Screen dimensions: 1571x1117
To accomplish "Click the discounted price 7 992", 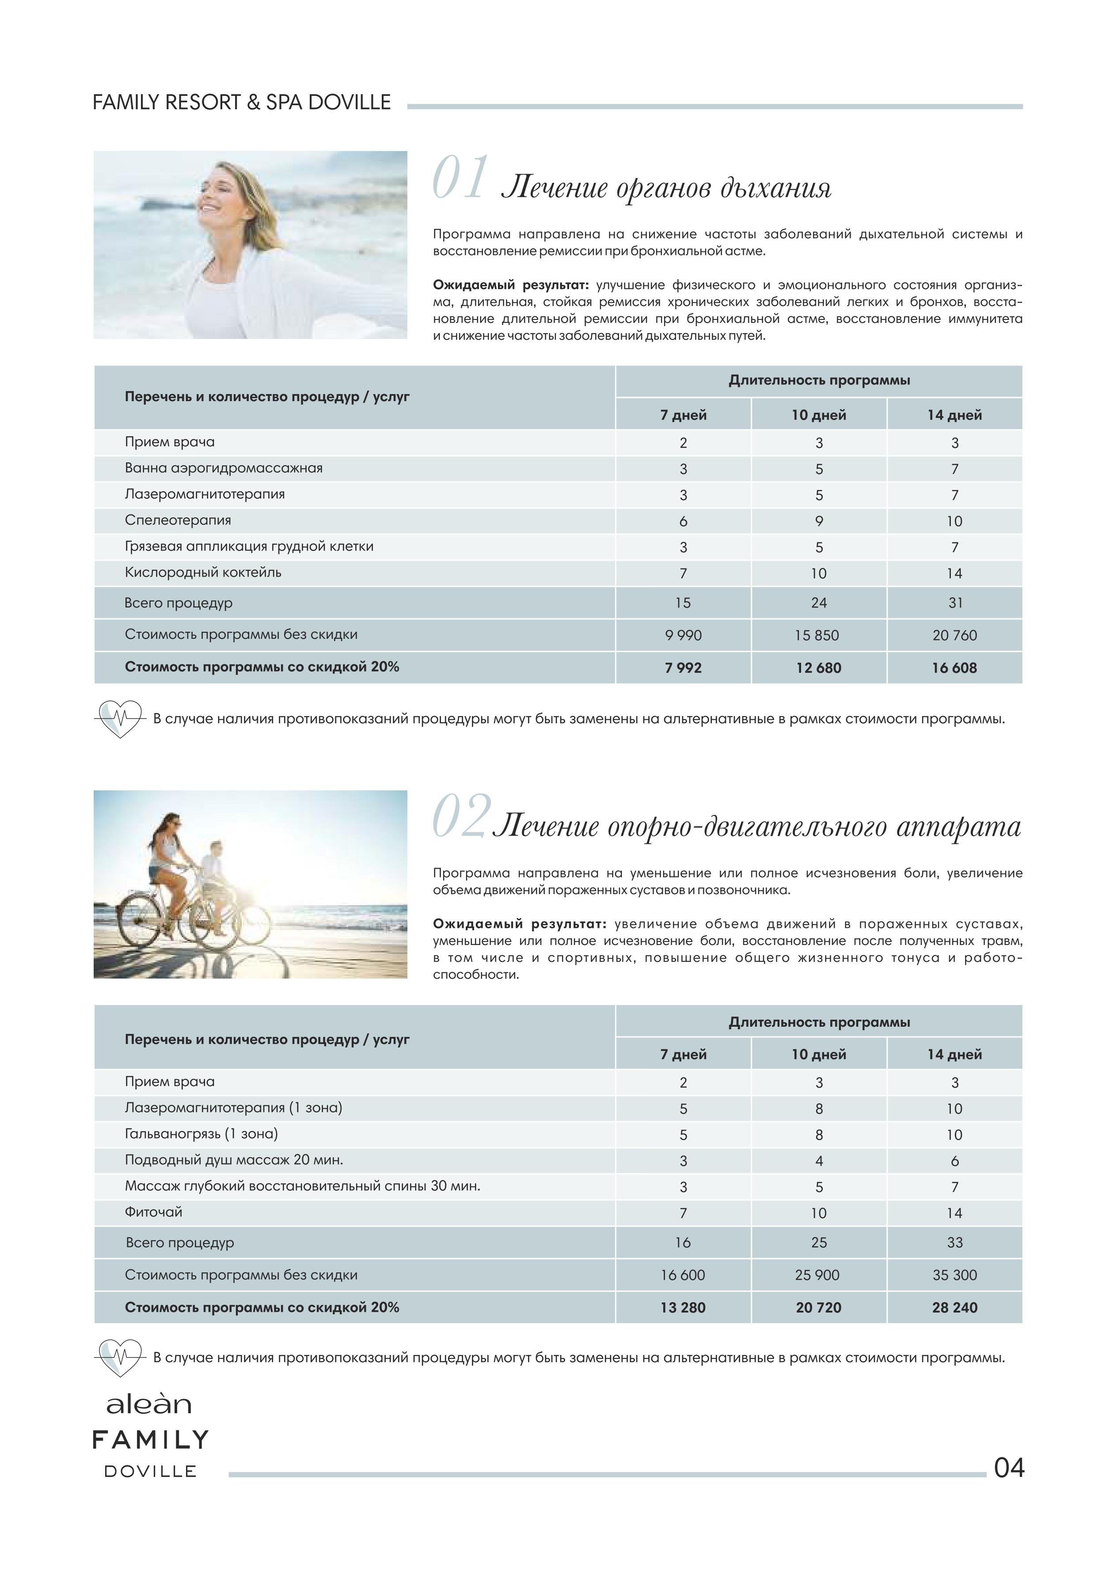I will coord(683,668).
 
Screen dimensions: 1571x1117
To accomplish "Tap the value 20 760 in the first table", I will coord(954,635).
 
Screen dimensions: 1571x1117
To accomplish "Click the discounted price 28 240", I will coord(954,1308).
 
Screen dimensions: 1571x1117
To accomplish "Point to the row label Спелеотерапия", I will coord(178,520).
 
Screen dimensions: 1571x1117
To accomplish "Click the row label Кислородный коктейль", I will coord(203,573).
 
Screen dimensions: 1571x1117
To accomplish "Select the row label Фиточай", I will coord(153,1212).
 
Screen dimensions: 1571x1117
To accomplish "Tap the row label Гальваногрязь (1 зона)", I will coord(201,1134).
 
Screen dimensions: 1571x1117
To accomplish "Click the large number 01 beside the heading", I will coord(460,179).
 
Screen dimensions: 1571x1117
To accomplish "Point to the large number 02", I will coord(461,817).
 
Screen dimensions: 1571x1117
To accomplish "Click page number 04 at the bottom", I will coord(1009,1468).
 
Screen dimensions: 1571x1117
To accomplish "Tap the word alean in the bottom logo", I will coord(148,1404).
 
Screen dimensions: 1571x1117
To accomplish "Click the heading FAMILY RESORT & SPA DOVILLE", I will coord(241,102).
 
